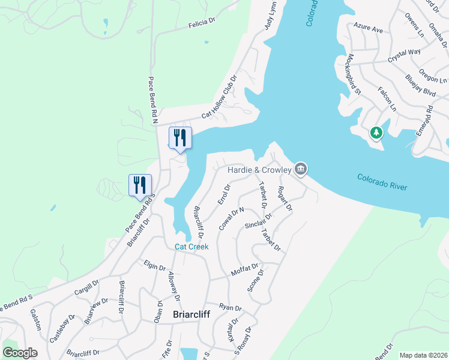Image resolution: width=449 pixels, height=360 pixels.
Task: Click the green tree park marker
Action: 376,132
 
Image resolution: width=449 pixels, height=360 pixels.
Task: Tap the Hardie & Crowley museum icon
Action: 301,170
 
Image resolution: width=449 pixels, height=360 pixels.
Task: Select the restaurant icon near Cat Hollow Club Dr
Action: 180,138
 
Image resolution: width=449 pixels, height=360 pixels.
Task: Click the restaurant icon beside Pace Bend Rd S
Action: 140,185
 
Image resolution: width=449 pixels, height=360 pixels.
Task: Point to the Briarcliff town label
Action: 191,314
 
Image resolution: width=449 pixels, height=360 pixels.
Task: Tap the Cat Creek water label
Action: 191,247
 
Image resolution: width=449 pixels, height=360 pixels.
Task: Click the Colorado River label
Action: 382,182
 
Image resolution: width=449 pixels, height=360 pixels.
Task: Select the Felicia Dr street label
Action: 201,23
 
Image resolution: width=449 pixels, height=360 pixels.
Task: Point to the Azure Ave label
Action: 368,28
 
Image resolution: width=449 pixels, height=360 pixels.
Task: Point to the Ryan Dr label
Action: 231,307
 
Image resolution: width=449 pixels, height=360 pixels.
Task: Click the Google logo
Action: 20,353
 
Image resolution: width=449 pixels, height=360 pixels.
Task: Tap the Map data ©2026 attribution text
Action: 423,355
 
